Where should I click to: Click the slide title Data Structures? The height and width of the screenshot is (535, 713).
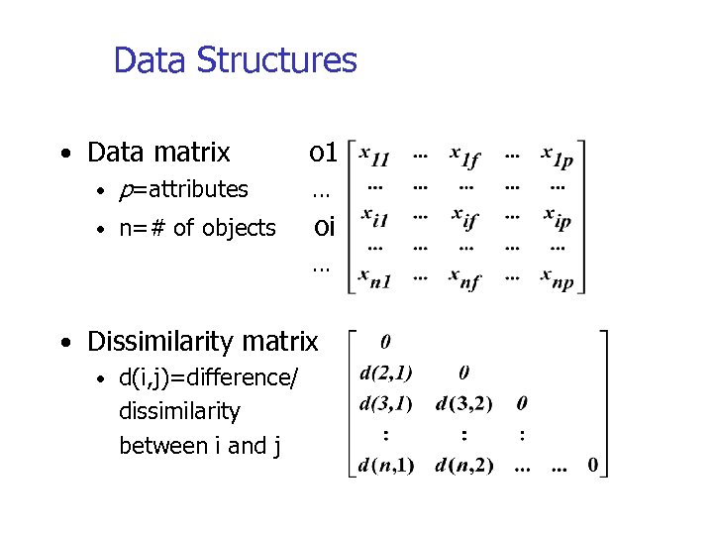click(235, 60)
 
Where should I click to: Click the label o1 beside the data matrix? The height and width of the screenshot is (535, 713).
click(324, 153)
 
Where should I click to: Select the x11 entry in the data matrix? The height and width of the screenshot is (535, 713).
click(374, 156)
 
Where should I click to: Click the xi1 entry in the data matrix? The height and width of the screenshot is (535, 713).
click(374, 216)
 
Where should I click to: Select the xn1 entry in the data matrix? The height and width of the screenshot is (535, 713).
click(374, 279)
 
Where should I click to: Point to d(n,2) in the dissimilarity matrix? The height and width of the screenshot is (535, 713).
click(464, 466)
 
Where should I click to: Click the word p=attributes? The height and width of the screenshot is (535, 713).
click(183, 189)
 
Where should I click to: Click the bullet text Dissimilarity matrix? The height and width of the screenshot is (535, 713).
click(203, 342)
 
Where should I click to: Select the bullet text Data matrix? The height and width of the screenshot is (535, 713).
click(158, 153)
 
